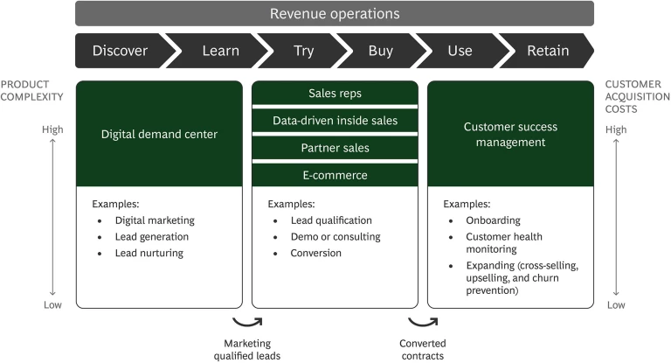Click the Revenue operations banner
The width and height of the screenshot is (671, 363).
pyautogui.click(x=335, y=13)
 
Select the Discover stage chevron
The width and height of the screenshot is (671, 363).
pyautogui.click(x=121, y=50)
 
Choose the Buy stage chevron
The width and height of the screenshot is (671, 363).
pyautogui.click(x=380, y=50)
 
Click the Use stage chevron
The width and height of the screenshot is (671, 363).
pyautogui.click(x=460, y=50)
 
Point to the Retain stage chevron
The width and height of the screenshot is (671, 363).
pyautogui.click(x=547, y=50)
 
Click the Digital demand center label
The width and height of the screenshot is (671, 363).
pyautogui.click(x=158, y=134)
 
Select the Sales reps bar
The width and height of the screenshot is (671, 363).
pyautogui.click(x=335, y=93)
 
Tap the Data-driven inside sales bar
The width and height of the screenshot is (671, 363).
pyautogui.click(x=335, y=120)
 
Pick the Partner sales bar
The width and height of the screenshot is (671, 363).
pyautogui.click(x=335, y=147)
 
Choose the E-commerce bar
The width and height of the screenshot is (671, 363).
pyautogui.click(x=335, y=174)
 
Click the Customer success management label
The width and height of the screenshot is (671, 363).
pyautogui.click(x=510, y=134)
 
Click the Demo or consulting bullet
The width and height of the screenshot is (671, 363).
pyautogui.click(x=335, y=237)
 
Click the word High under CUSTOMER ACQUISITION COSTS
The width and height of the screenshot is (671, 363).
pyautogui.click(x=616, y=130)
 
